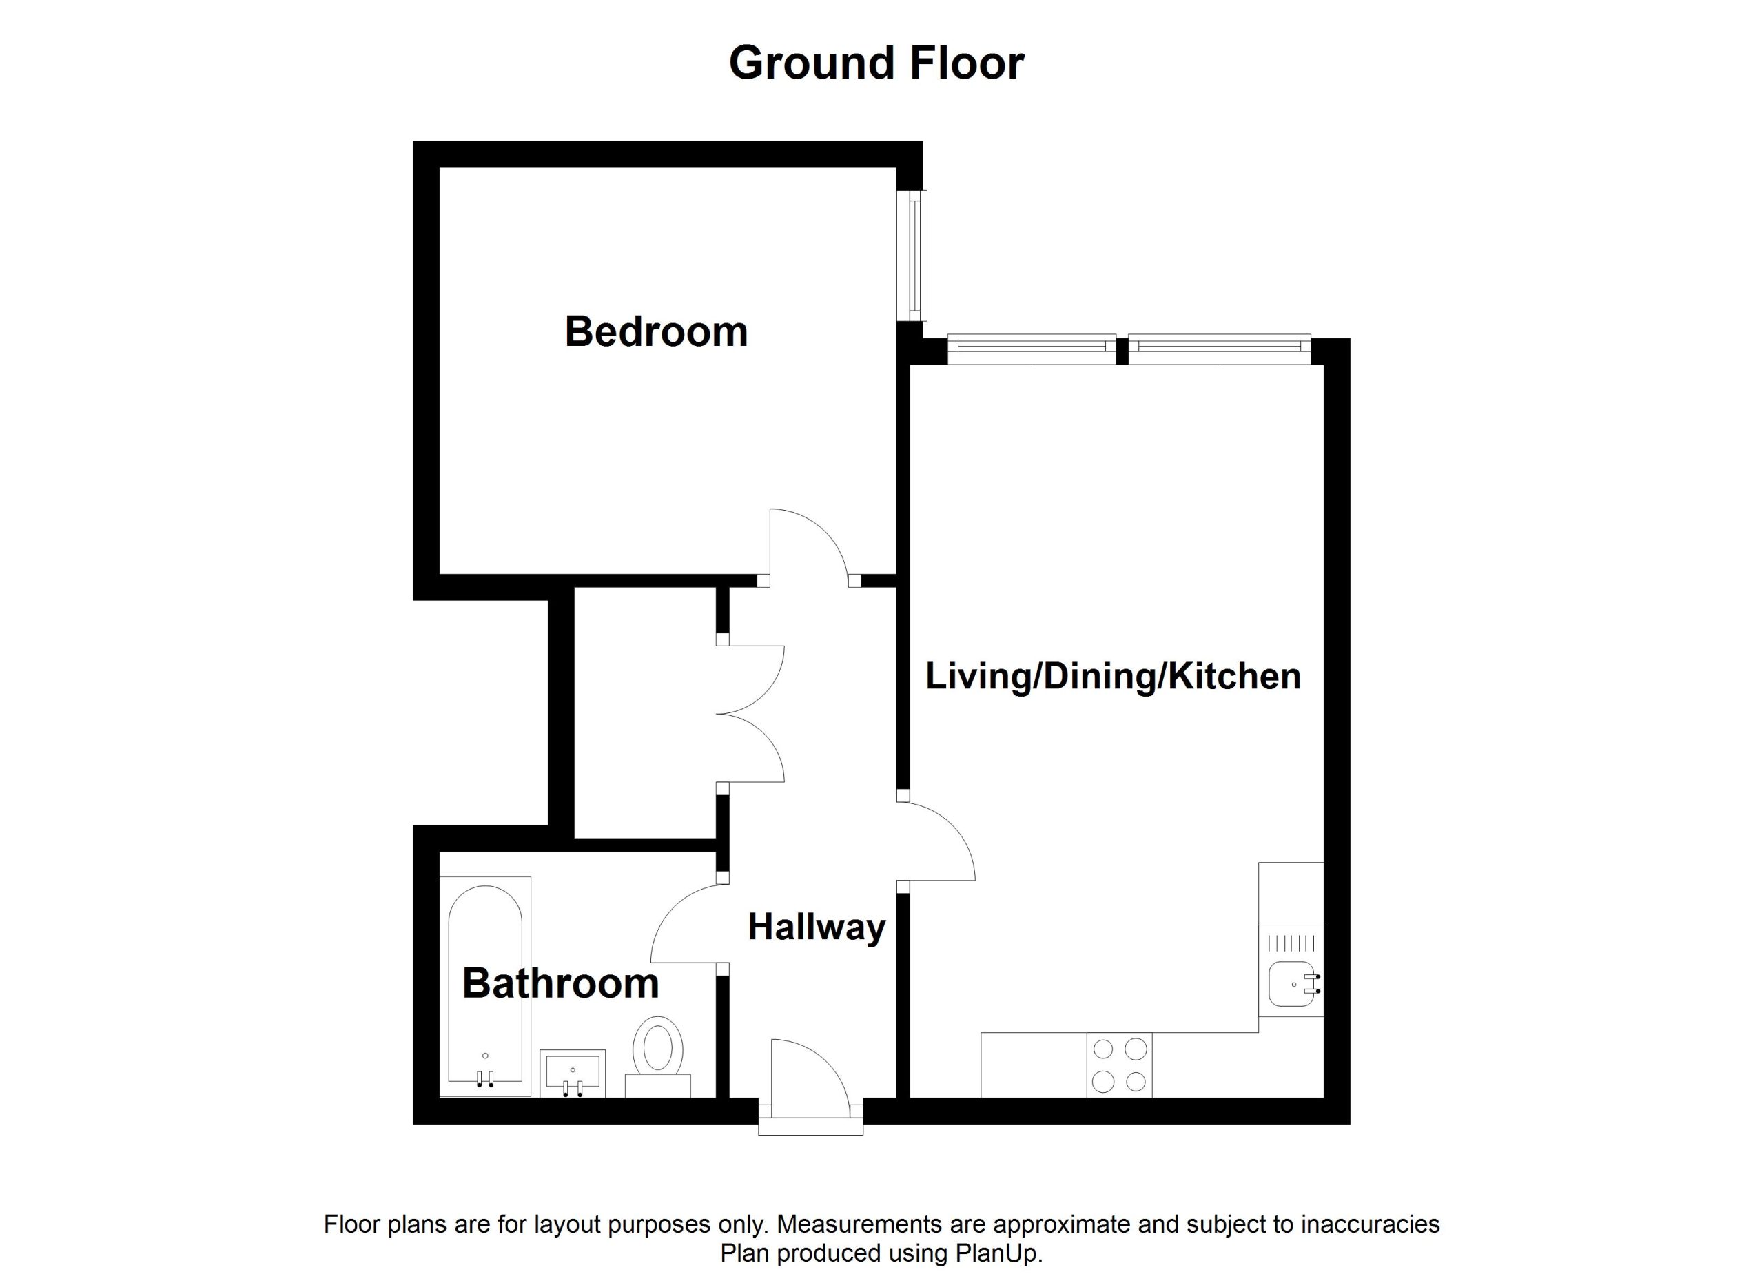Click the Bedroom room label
657,332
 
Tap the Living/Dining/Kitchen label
1113,677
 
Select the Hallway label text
817,927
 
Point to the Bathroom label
561,984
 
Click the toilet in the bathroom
658,1057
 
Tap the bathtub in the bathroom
485,987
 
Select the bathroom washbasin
573,1073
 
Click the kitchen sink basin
1293,985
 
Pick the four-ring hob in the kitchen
1119,1065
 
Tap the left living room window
1032,349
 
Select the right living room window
1219,349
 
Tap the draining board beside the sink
1291,943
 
